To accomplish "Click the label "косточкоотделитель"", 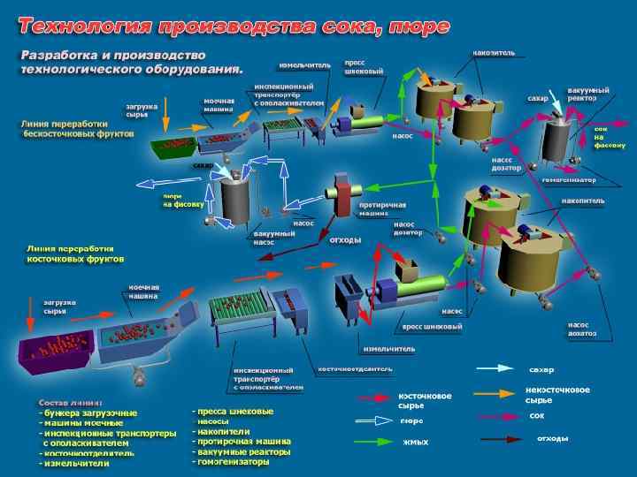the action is pyautogui.click(x=349, y=368).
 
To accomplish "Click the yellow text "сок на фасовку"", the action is pyautogui.click(x=610, y=137).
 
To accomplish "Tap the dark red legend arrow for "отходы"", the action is pyautogui.click(x=495, y=438).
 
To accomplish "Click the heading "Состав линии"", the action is pyautogui.click(x=71, y=402).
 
